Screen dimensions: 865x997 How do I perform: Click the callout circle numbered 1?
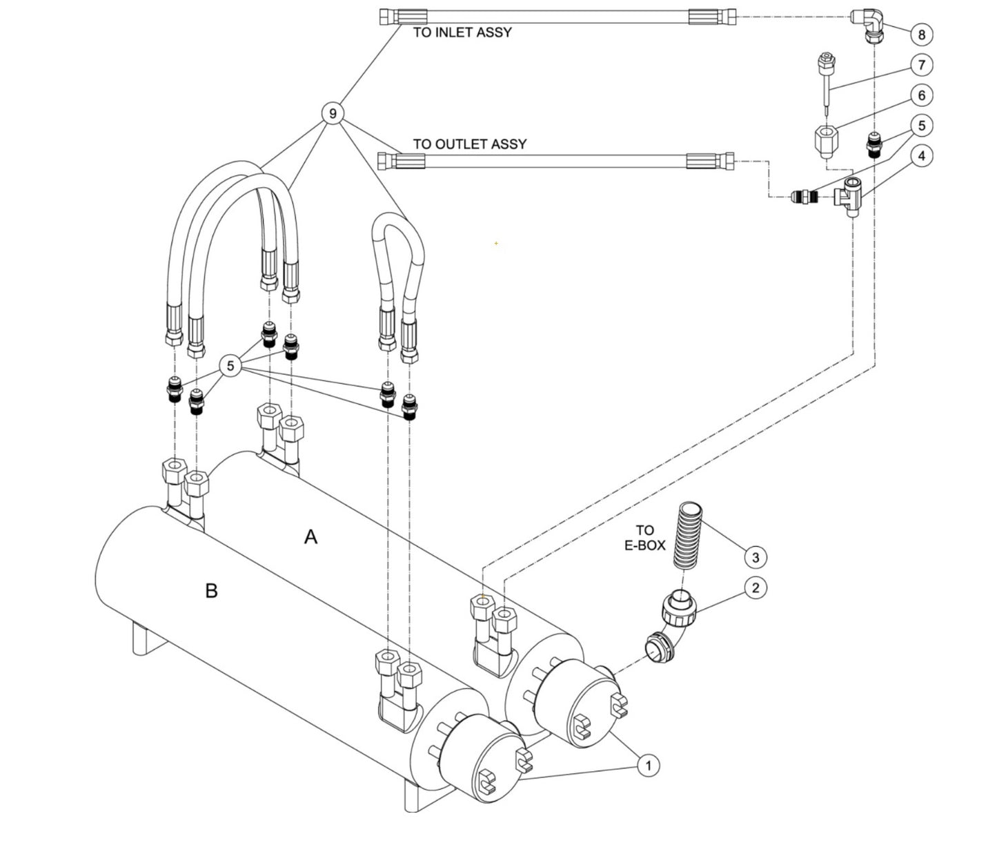(647, 765)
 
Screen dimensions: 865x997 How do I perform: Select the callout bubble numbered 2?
(756, 587)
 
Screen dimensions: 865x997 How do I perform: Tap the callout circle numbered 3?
(756, 556)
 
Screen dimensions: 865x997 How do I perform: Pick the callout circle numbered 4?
(922, 156)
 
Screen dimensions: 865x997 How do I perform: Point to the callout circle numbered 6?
(922, 95)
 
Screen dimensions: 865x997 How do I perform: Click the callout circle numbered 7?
(922, 65)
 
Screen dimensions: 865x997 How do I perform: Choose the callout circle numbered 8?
(922, 34)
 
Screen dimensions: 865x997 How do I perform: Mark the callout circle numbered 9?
(333, 113)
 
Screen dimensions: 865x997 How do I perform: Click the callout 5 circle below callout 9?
(230, 366)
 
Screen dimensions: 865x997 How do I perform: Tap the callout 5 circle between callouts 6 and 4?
(922, 126)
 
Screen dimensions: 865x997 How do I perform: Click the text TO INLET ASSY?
(462, 32)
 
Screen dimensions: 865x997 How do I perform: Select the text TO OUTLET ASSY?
(469, 144)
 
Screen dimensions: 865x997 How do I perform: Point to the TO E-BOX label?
(644, 538)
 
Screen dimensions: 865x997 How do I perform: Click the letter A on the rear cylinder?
(310, 536)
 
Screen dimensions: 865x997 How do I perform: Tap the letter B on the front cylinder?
(211, 591)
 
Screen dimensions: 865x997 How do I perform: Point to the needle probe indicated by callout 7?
(826, 86)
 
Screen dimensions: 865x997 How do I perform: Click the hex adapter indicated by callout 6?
(826, 141)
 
